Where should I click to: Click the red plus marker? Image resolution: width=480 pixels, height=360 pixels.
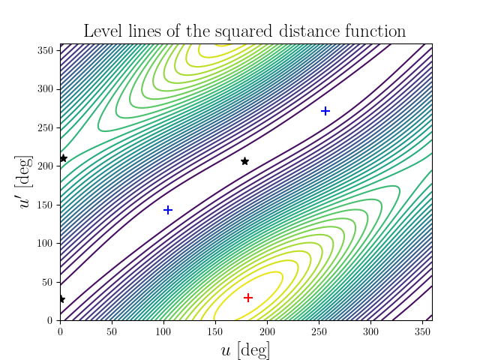pyautogui.click(x=247, y=298)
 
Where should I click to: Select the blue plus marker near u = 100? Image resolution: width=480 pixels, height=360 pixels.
pyautogui.click(x=168, y=210)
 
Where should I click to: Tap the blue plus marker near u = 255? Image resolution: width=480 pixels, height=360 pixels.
pyautogui.click(x=325, y=111)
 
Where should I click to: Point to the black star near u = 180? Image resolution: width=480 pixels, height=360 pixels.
pyautogui.click(x=244, y=161)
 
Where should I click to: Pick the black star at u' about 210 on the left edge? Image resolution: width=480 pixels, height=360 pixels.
pyautogui.click(x=63, y=158)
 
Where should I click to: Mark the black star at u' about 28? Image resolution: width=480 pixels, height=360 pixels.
pyautogui.click(x=61, y=299)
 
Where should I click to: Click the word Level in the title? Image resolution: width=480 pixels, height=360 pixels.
pyautogui.click(x=100, y=31)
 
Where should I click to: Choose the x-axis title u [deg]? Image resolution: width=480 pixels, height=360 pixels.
pyautogui.click(x=245, y=350)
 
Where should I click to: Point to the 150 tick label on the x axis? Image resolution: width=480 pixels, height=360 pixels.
pyautogui.click(x=215, y=330)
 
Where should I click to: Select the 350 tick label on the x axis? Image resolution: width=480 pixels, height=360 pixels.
pyautogui.click(x=421, y=330)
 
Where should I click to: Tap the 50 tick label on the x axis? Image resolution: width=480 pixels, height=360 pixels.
pyautogui.click(x=112, y=330)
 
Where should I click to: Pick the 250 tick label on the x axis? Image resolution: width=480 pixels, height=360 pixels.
pyautogui.click(x=318, y=330)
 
